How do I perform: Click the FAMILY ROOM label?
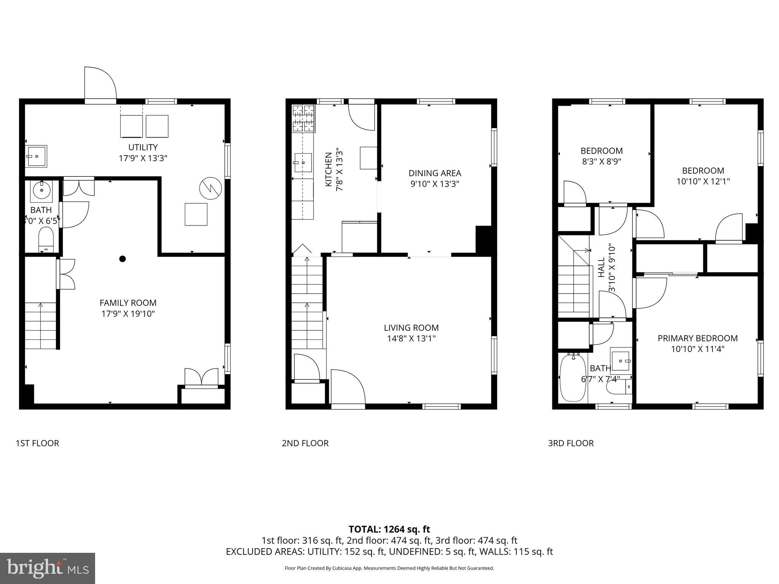[x=128, y=303]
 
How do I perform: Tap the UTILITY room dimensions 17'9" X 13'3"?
[x=143, y=158]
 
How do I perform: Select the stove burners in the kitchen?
[x=304, y=118]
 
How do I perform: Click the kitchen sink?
[x=303, y=163]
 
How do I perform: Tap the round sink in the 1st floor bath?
[x=41, y=189]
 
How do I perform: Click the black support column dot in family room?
[x=122, y=259]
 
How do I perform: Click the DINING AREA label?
[x=435, y=173]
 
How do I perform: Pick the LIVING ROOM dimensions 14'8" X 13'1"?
[x=411, y=338]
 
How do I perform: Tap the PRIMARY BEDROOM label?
[x=698, y=338]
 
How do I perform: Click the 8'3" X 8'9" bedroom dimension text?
[x=601, y=162]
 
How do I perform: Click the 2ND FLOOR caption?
[x=305, y=443]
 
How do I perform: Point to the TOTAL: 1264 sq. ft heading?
[x=389, y=529]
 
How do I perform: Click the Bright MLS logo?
[x=48, y=568]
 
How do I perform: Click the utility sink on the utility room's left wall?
[x=37, y=156]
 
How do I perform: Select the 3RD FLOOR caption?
[x=571, y=443]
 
